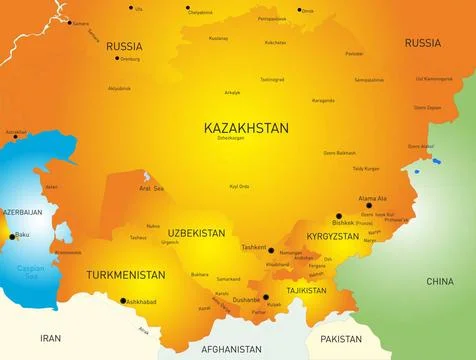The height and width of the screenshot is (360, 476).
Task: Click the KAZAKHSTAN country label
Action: (x=245, y=129)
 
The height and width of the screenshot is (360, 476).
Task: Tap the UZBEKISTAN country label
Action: (x=196, y=231)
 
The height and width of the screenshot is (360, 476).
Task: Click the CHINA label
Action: (x=440, y=281)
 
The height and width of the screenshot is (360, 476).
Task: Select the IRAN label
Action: (x=50, y=338)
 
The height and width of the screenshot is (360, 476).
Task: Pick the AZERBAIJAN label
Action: (x=23, y=213)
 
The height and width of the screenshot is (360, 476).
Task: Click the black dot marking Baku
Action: (x=13, y=237)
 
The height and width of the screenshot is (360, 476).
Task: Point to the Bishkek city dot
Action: (x=339, y=216)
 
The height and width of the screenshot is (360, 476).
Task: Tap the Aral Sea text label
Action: (x=152, y=188)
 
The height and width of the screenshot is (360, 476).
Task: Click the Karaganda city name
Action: (x=322, y=100)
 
